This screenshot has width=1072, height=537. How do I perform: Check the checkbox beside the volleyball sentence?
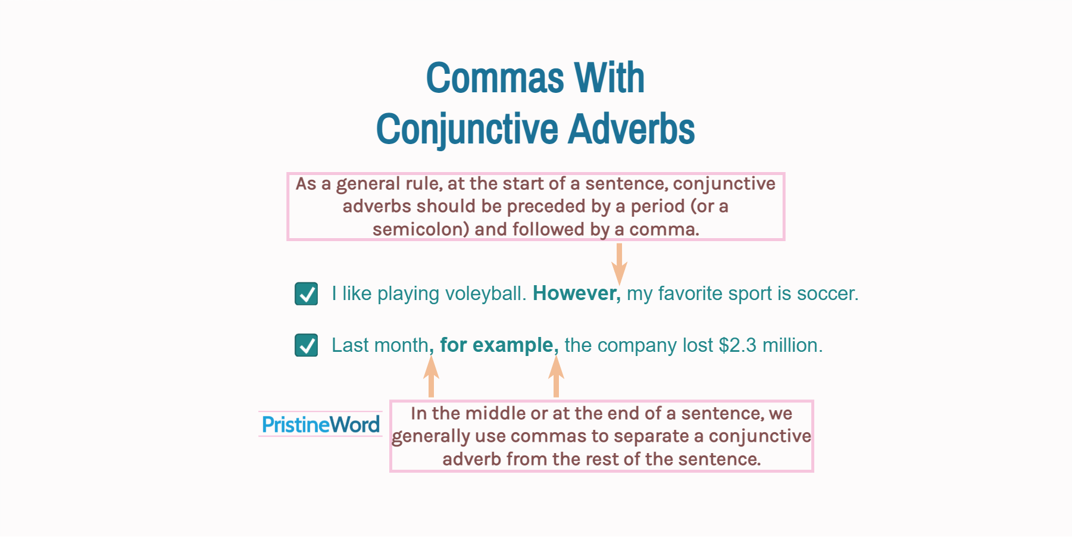click(x=306, y=294)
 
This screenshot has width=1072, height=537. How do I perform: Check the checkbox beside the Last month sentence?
click(x=306, y=345)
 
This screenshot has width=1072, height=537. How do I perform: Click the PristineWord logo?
click(x=320, y=424)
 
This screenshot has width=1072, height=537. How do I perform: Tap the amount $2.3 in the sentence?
click(x=737, y=345)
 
